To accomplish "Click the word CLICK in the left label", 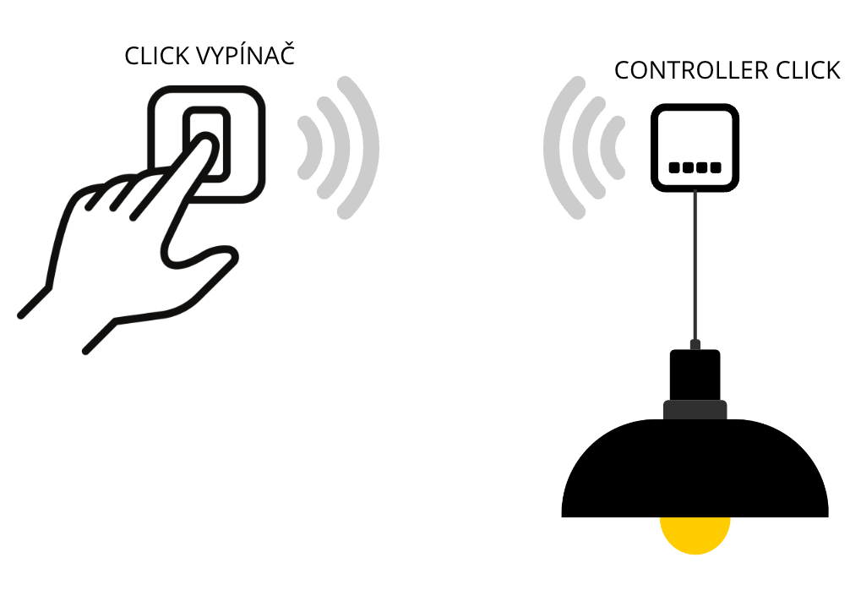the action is tap(155, 56).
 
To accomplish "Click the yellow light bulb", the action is tap(695, 536).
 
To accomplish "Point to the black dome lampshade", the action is tap(695, 473).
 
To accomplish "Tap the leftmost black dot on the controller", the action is tap(674, 167).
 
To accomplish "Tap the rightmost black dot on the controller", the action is tap(716, 167).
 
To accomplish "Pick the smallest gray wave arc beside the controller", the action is tap(617, 148).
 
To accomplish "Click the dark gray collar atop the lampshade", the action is tap(695, 410).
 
